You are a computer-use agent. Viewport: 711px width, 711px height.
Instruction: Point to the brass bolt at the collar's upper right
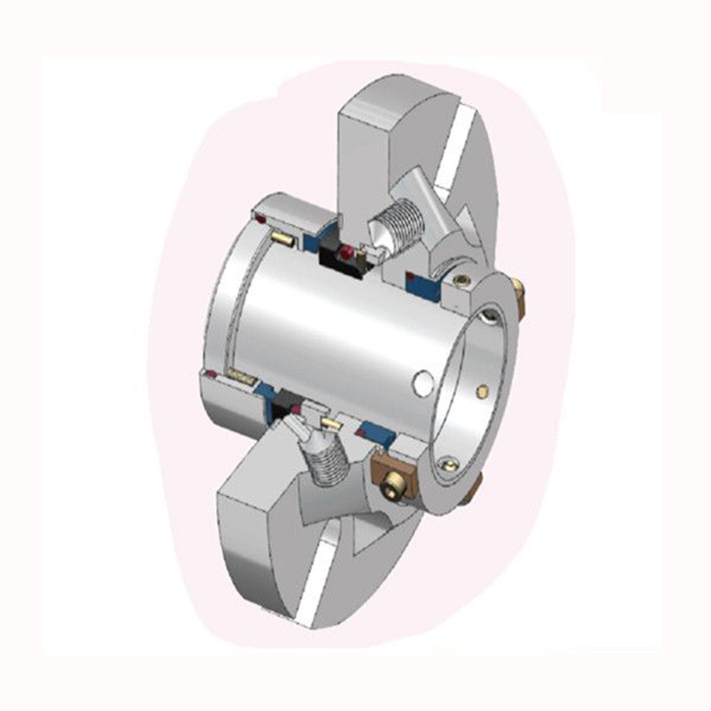[518, 299]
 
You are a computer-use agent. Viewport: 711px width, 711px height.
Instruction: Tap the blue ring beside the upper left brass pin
[311, 241]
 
